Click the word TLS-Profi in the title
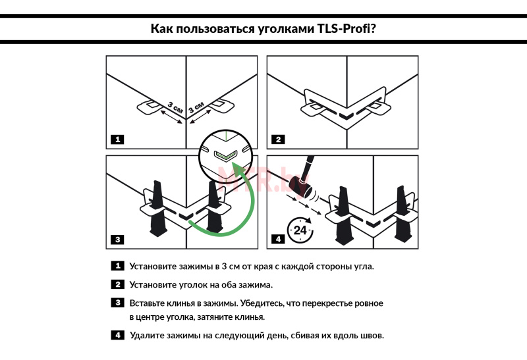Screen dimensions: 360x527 point(345,29)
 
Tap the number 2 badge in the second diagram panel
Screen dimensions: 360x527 point(278,140)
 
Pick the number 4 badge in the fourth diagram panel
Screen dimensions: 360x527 point(278,240)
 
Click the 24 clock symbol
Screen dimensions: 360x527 point(300,230)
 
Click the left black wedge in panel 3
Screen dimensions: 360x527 point(159,211)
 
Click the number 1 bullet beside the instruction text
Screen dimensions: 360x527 point(117,267)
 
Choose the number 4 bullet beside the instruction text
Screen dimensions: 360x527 point(117,335)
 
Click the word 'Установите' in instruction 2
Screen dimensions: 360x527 point(155,284)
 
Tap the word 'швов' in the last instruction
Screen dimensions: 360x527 point(369,335)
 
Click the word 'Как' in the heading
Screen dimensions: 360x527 point(162,29)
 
